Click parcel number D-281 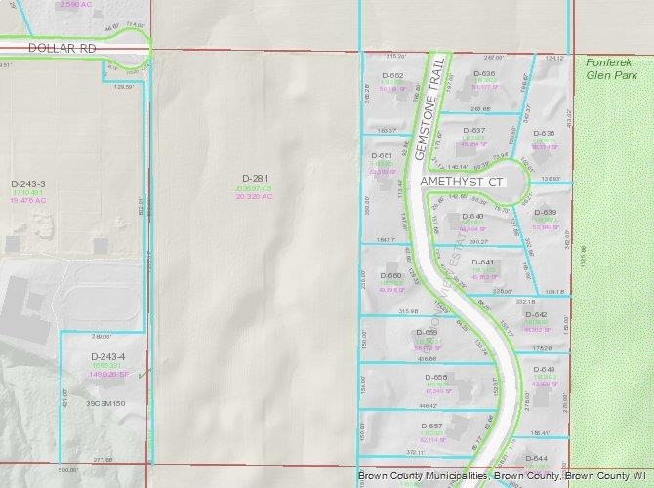tap(254, 177)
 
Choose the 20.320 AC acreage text tap(253, 195)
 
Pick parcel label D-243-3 tap(28, 183)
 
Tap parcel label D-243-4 tap(109, 357)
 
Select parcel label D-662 tap(391, 75)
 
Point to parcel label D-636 tap(485, 74)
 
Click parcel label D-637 tap(473, 130)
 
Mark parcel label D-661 tap(382, 155)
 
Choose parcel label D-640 tap(472, 216)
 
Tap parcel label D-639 tap(545, 212)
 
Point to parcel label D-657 tap(431, 427)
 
